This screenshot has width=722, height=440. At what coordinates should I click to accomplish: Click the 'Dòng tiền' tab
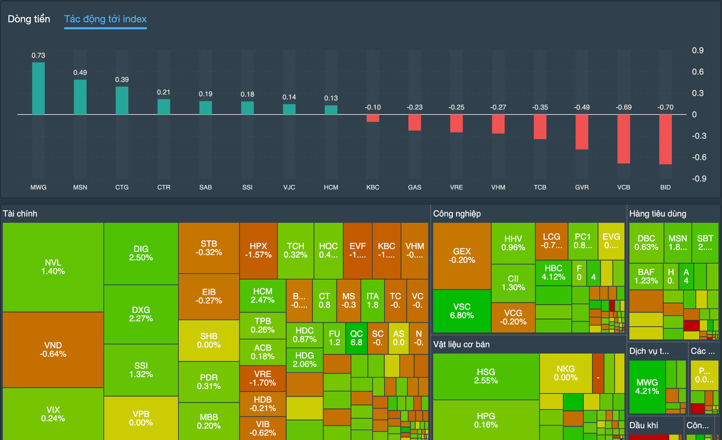[29, 19]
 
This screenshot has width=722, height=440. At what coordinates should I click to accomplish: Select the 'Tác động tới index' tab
[105, 19]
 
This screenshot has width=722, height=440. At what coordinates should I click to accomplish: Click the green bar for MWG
[38, 88]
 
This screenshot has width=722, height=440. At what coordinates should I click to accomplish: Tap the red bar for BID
[665, 139]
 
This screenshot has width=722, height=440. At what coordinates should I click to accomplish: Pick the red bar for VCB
[624, 139]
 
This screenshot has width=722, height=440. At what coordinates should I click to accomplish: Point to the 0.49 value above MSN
[80, 73]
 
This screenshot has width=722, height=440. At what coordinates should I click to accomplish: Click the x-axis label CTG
[122, 187]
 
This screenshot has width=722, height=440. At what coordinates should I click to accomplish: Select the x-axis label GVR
[582, 187]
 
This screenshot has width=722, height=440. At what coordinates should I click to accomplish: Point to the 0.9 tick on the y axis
[698, 50]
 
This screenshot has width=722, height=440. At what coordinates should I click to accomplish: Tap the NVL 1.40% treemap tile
[53, 267]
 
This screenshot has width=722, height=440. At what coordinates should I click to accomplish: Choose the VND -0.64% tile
[53, 349]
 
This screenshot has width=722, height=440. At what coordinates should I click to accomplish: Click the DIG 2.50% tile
[141, 254]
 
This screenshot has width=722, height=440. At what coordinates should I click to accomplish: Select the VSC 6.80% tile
[462, 311]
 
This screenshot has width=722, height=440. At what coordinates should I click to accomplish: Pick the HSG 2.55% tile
[486, 376]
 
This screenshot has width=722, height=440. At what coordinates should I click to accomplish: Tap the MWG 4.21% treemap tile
[647, 386]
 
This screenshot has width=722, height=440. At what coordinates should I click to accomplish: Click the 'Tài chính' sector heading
[20, 214]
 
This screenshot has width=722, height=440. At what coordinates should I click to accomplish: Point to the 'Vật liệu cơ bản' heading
[461, 344]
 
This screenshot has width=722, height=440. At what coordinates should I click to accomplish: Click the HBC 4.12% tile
[553, 272]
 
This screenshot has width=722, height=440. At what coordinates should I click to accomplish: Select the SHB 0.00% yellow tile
[209, 340]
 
